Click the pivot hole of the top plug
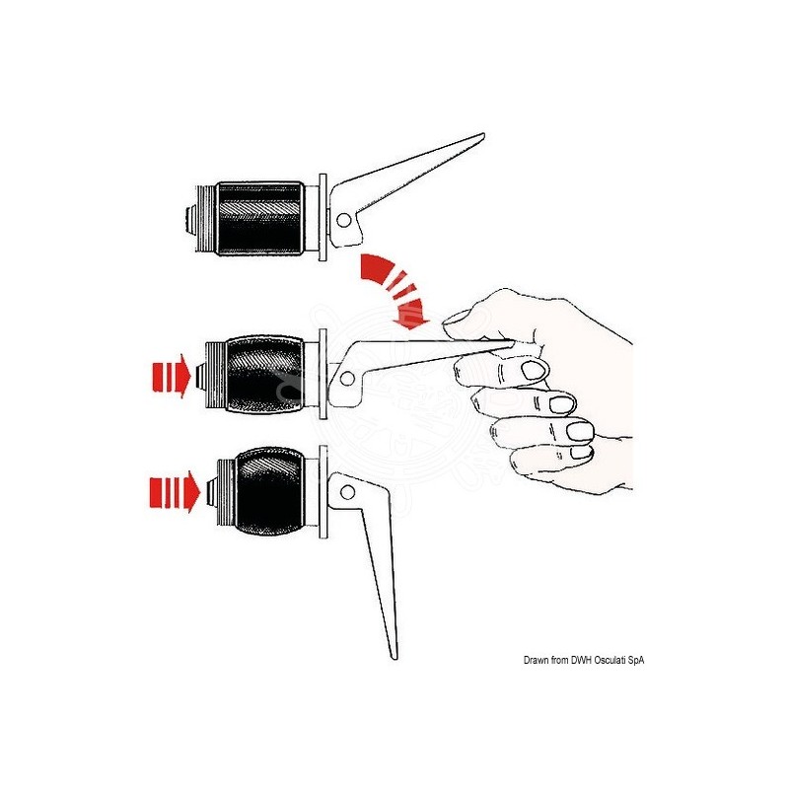[x=343, y=220]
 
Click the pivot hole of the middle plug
[x=347, y=379]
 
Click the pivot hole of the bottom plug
[x=347, y=492]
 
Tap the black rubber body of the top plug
[x=260, y=218]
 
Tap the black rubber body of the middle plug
[x=265, y=374]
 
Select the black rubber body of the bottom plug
[x=269, y=491]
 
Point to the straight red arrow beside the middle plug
[x=172, y=376]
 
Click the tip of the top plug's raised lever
[x=483, y=134]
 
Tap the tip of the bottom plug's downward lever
[x=394, y=657]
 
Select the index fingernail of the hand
[x=533, y=371]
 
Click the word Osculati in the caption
[x=610, y=660]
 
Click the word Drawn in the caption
[x=536, y=660]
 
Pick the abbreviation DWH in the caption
[x=581, y=660]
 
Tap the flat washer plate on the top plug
[x=323, y=218]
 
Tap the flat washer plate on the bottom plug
[x=323, y=491]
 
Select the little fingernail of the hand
[x=582, y=453]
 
